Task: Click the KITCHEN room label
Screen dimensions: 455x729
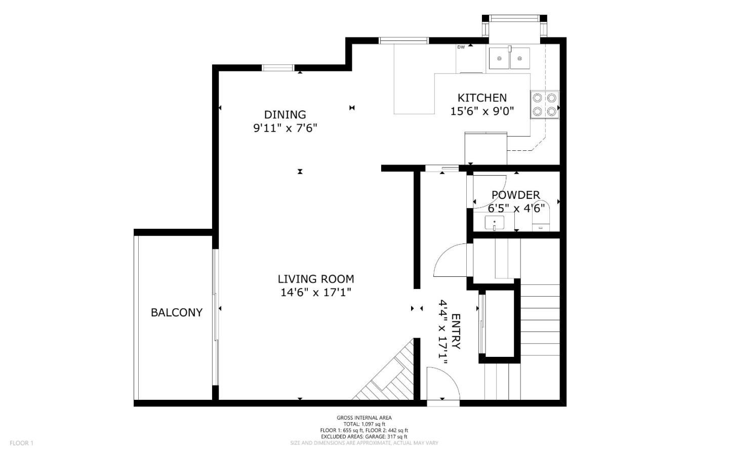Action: point(481,98)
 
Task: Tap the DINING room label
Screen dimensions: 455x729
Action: point(285,115)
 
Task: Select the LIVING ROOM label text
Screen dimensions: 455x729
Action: point(315,279)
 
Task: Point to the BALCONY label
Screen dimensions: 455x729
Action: point(176,313)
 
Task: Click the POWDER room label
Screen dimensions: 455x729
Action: point(515,195)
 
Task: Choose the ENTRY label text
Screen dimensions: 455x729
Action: point(456,332)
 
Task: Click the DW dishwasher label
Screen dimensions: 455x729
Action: point(461,47)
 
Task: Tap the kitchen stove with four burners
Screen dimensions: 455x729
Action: point(544,104)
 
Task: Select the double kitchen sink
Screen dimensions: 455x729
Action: point(509,58)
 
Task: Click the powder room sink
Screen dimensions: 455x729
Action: point(494,223)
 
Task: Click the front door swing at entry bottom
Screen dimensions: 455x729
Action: point(441,383)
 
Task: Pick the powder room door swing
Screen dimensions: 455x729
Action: point(489,190)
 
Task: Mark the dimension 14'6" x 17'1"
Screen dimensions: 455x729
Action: point(315,293)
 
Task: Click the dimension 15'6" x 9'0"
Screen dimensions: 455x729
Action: point(482,111)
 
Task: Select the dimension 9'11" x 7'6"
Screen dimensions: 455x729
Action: point(285,128)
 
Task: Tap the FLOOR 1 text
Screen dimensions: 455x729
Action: point(21,443)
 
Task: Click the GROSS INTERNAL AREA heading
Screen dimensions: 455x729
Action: point(364,418)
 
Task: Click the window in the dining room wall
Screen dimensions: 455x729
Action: point(278,68)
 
